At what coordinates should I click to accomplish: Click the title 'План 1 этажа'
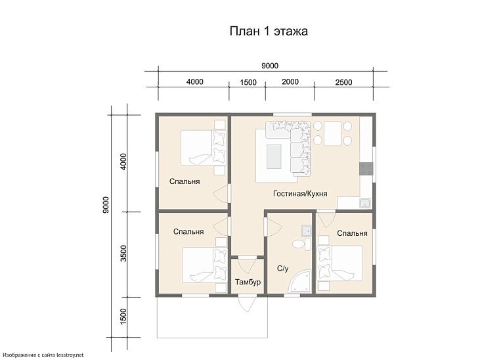click(x=269, y=32)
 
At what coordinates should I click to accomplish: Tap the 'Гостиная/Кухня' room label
click(x=300, y=194)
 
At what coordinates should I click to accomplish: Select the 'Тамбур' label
click(x=248, y=282)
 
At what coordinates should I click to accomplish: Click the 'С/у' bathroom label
click(x=282, y=269)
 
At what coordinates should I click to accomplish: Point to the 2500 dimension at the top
click(x=343, y=82)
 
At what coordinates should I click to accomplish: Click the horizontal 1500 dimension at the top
click(x=248, y=82)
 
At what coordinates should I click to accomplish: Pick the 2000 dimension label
click(x=290, y=81)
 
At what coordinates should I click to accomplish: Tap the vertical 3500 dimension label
click(x=123, y=254)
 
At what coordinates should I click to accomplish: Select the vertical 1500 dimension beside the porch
click(x=123, y=317)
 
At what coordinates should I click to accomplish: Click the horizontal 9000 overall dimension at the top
click(x=270, y=66)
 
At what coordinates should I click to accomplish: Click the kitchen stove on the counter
click(x=366, y=169)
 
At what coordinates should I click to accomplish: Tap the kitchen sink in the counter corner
click(x=365, y=203)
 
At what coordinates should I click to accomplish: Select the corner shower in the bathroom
click(x=301, y=281)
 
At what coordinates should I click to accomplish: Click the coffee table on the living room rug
click(x=274, y=156)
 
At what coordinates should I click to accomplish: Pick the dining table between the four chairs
click(x=332, y=133)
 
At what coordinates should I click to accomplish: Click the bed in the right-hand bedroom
click(x=339, y=263)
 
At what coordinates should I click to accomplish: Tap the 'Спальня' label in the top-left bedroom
click(x=185, y=181)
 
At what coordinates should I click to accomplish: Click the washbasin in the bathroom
click(x=306, y=231)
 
